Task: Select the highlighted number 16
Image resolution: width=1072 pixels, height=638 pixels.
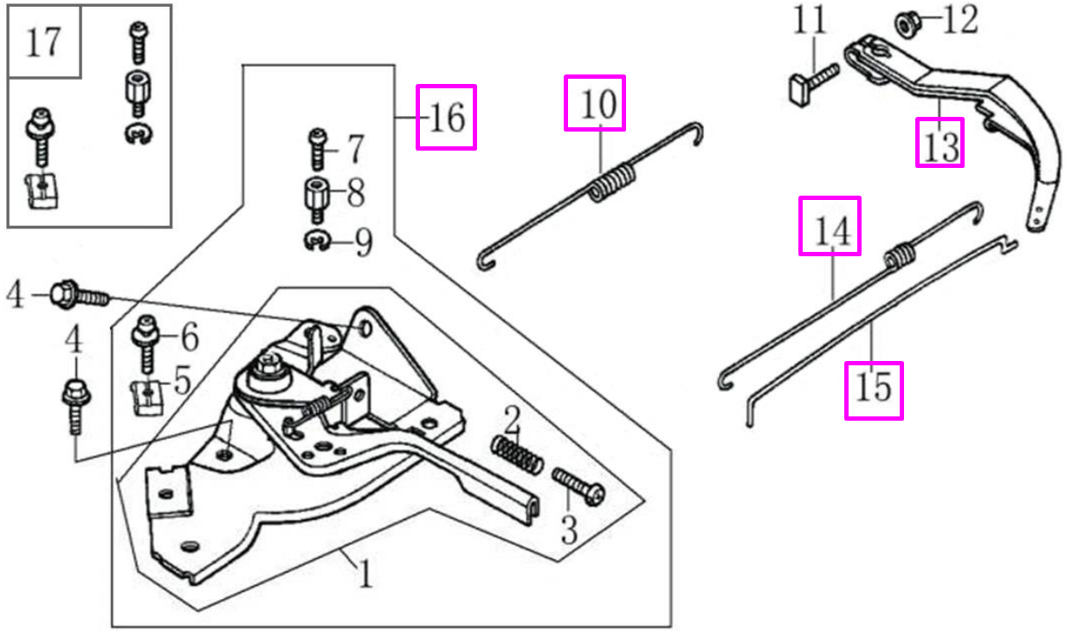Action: (446, 117)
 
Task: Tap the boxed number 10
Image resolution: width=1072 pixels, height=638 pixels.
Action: (594, 103)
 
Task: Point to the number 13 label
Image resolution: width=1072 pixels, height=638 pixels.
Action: (940, 144)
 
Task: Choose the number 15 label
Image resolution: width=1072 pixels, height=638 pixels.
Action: (874, 390)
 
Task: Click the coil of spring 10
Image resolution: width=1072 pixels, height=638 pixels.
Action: (613, 184)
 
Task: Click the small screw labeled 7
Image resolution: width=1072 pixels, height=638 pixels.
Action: (318, 150)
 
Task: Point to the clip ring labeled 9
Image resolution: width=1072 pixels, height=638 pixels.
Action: (319, 243)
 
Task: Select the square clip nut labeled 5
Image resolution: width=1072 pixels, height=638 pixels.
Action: (151, 398)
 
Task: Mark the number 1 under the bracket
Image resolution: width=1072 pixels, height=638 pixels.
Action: (365, 574)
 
